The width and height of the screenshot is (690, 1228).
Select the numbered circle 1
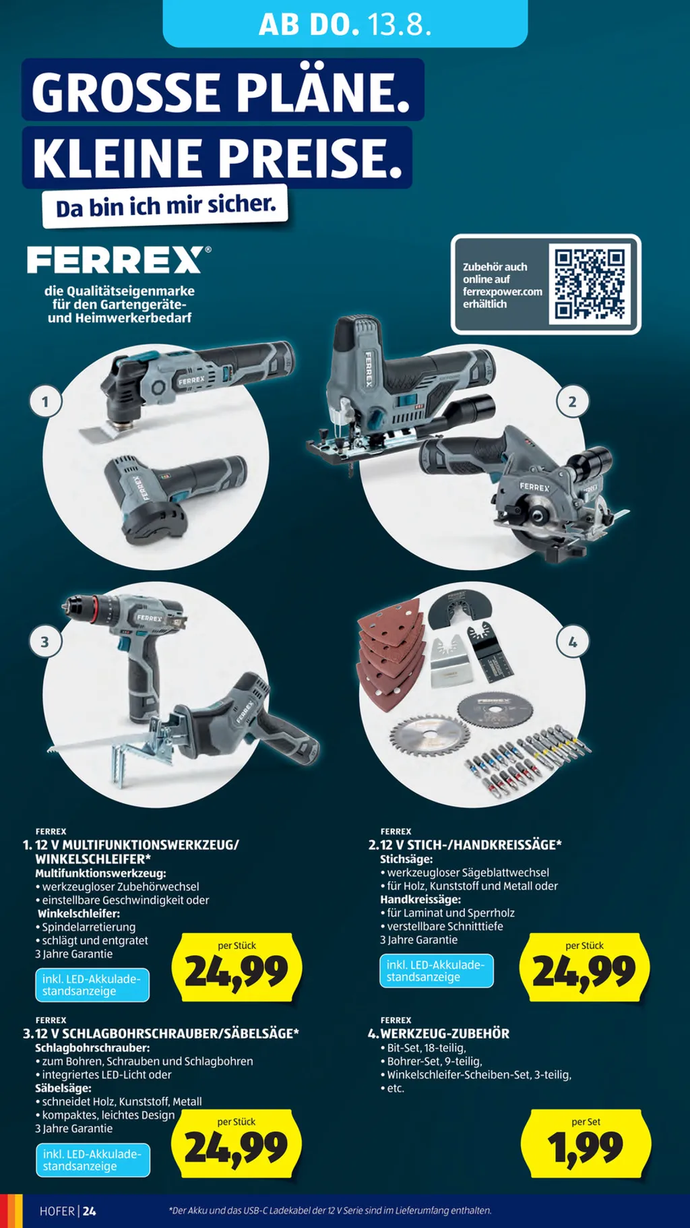(x=46, y=402)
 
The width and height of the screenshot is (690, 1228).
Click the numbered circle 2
(x=572, y=402)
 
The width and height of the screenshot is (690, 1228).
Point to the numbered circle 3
(x=46, y=642)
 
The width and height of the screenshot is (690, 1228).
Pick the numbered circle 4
(x=572, y=642)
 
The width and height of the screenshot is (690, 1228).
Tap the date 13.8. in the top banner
(x=399, y=24)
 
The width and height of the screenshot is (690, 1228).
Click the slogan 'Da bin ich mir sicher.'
(x=166, y=205)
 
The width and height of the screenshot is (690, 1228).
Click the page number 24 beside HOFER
(x=90, y=1211)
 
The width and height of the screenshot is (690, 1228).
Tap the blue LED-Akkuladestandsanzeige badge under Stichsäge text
(x=437, y=971)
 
